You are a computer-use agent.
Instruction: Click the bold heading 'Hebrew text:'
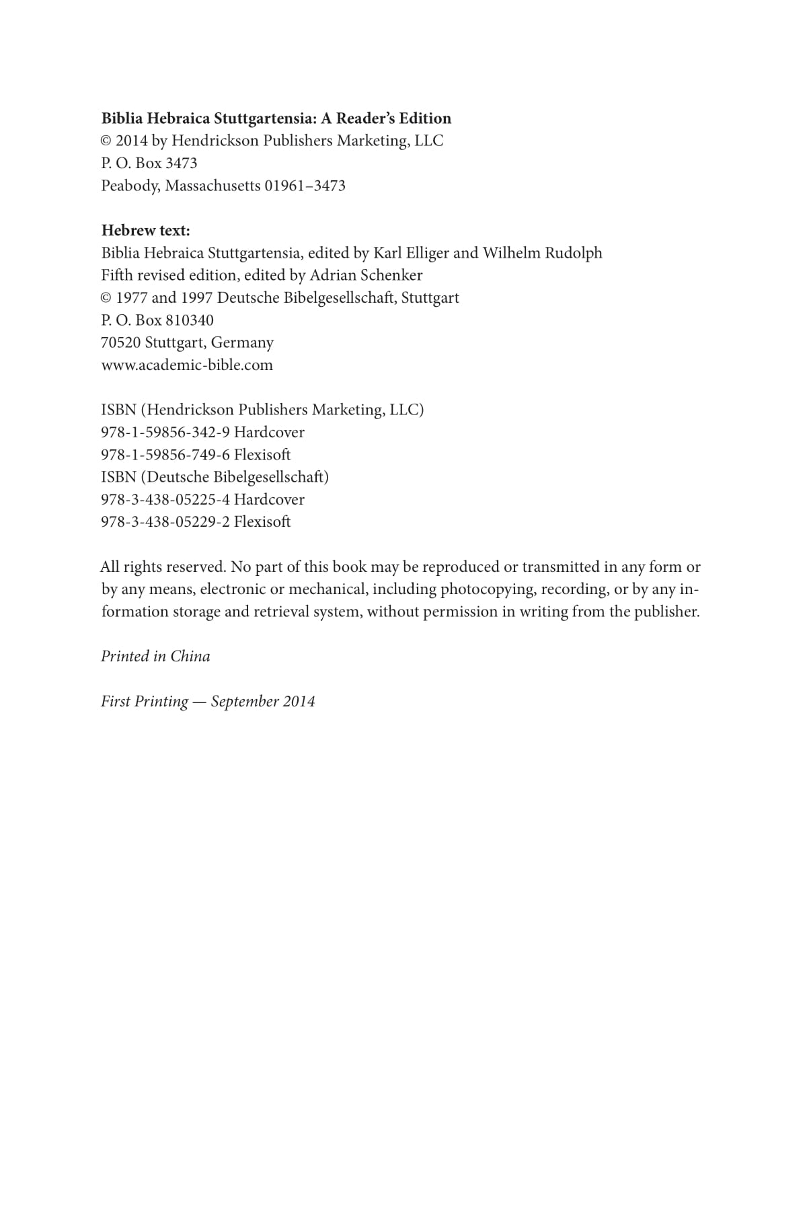145,231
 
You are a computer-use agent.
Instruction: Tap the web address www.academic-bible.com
187,365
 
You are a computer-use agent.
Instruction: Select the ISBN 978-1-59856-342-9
165,433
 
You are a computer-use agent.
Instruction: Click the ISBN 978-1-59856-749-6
165,455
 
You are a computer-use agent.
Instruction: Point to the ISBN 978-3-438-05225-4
165,500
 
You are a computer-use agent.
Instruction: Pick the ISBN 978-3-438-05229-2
165,522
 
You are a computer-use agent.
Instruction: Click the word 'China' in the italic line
190,657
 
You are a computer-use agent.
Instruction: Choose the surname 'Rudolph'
572,253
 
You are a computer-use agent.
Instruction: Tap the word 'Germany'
242,343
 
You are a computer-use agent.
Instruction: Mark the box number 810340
190,320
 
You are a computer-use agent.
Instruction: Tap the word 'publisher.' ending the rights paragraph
666,612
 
